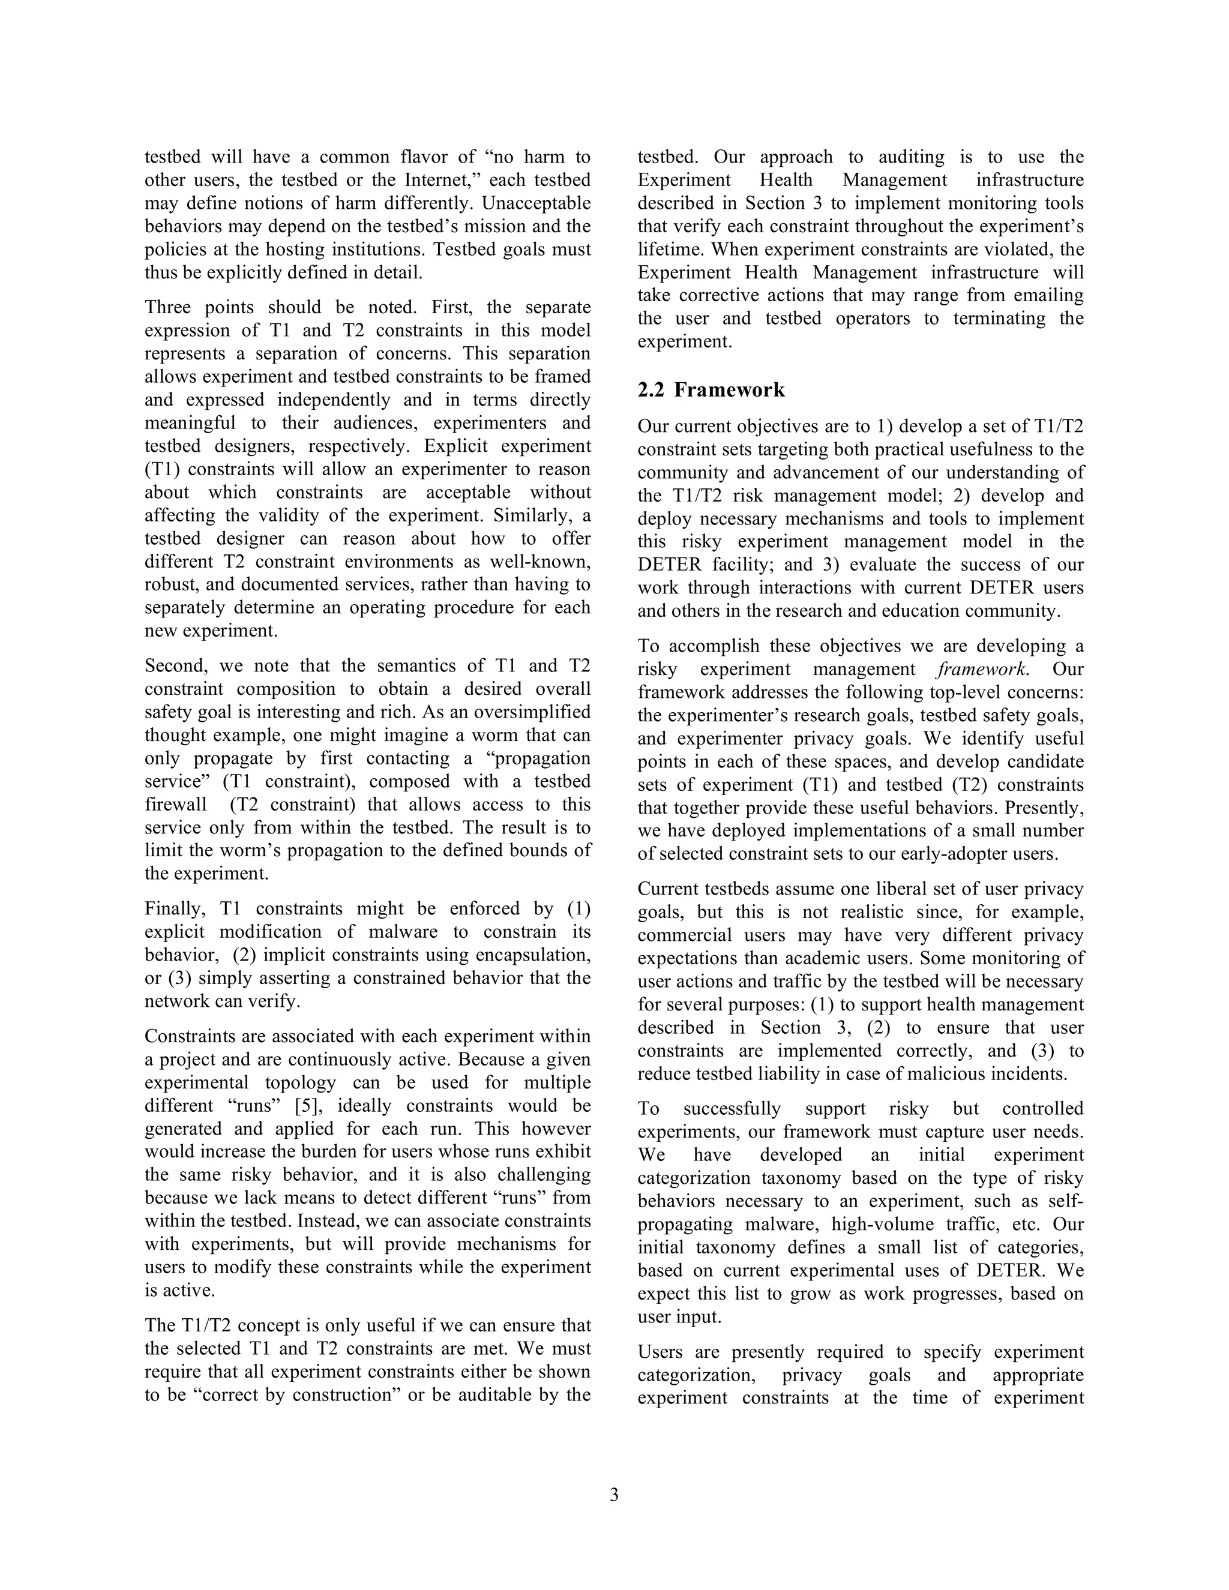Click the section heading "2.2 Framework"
coord(711,390)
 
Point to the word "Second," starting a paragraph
coord(175,666)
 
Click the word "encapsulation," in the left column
coord(533,955)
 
